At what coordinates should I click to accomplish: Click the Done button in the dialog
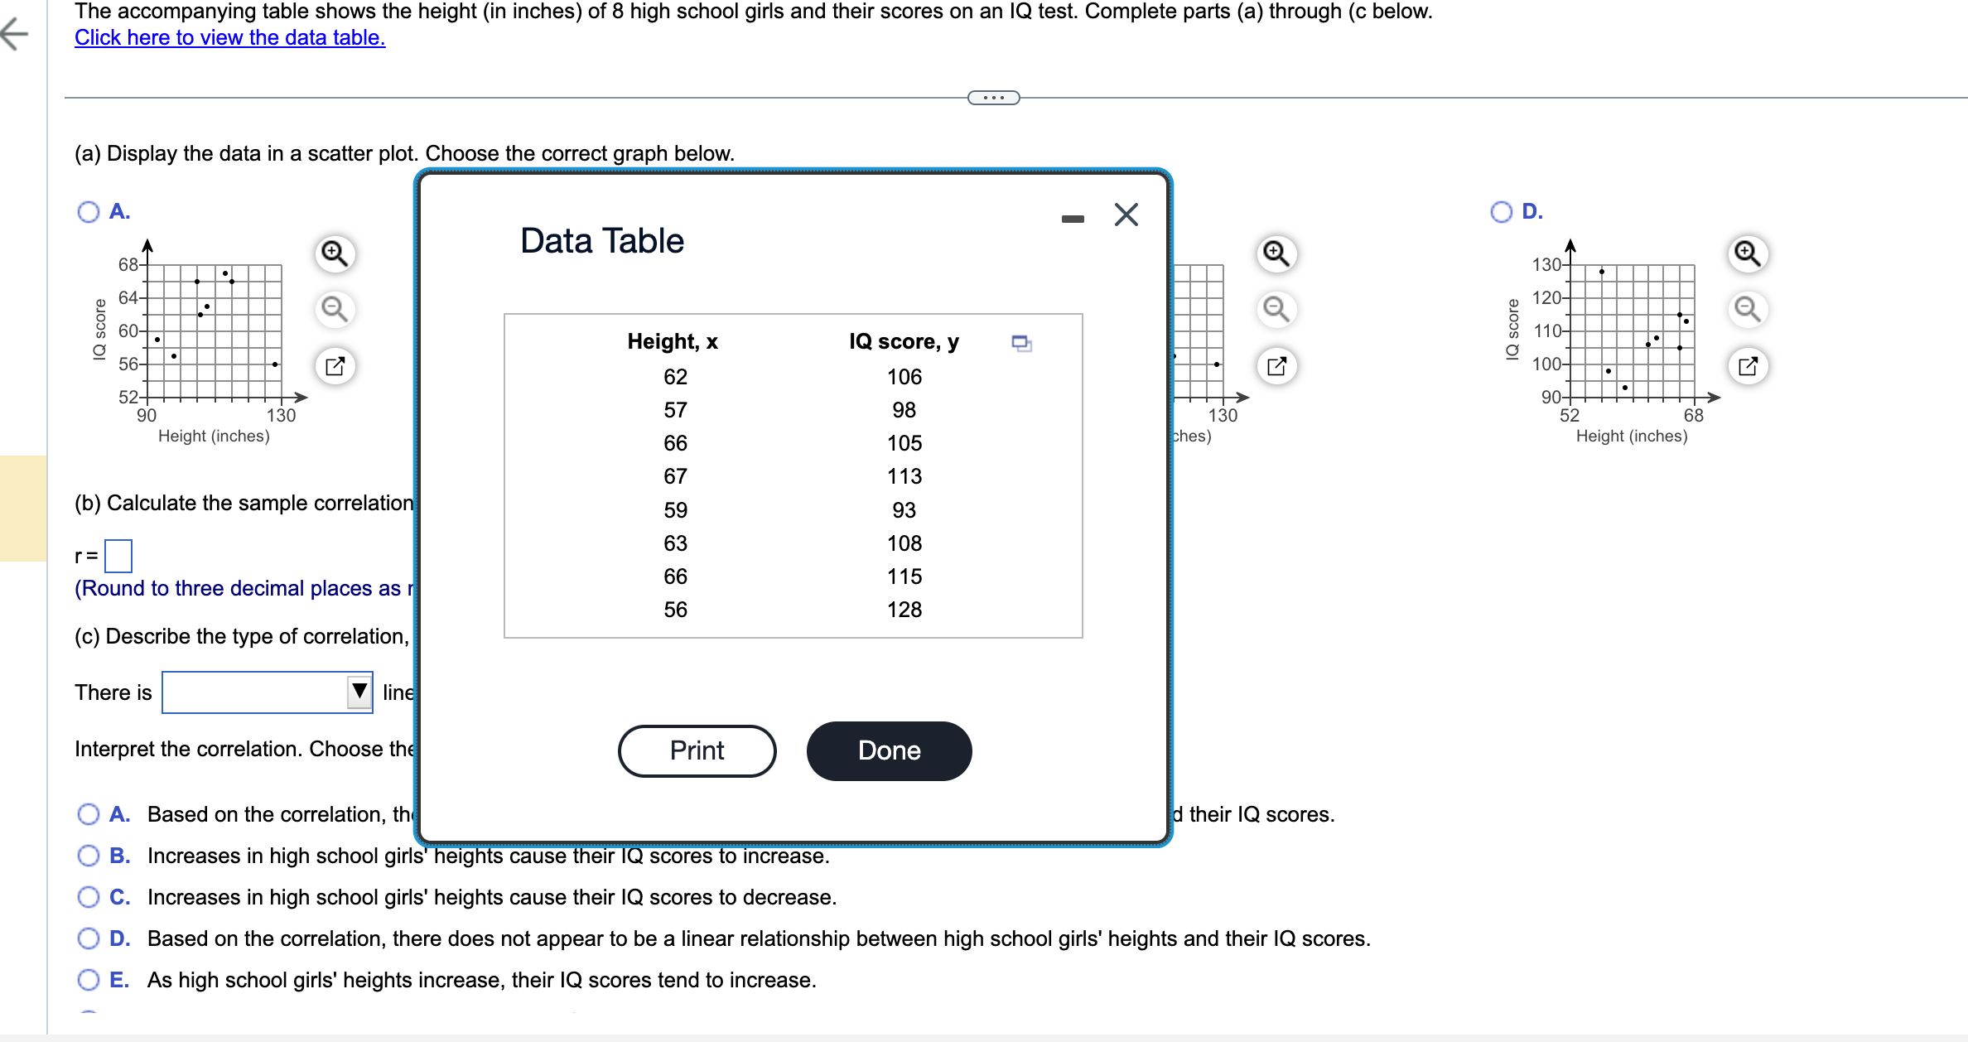889,750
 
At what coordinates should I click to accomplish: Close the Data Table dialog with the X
1126,215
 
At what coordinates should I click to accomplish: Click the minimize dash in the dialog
1073,219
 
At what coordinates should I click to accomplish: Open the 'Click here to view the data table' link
229,37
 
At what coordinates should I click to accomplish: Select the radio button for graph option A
89,212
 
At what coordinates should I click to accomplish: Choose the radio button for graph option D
1501,212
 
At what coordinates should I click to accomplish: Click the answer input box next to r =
118,556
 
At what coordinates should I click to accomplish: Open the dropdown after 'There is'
267,692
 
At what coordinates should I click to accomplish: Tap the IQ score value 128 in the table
904,610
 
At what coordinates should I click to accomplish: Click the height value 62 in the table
675,377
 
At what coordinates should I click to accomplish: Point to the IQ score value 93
904,510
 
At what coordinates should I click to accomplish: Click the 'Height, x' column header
672,341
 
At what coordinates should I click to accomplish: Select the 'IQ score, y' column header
904,341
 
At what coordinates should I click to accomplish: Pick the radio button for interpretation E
89,980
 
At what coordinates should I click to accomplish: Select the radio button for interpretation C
89,897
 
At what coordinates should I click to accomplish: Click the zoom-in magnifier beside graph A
335,253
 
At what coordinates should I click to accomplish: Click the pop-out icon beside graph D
1747,366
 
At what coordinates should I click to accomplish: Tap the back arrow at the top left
15,34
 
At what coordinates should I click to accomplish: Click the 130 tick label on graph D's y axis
1546,264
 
